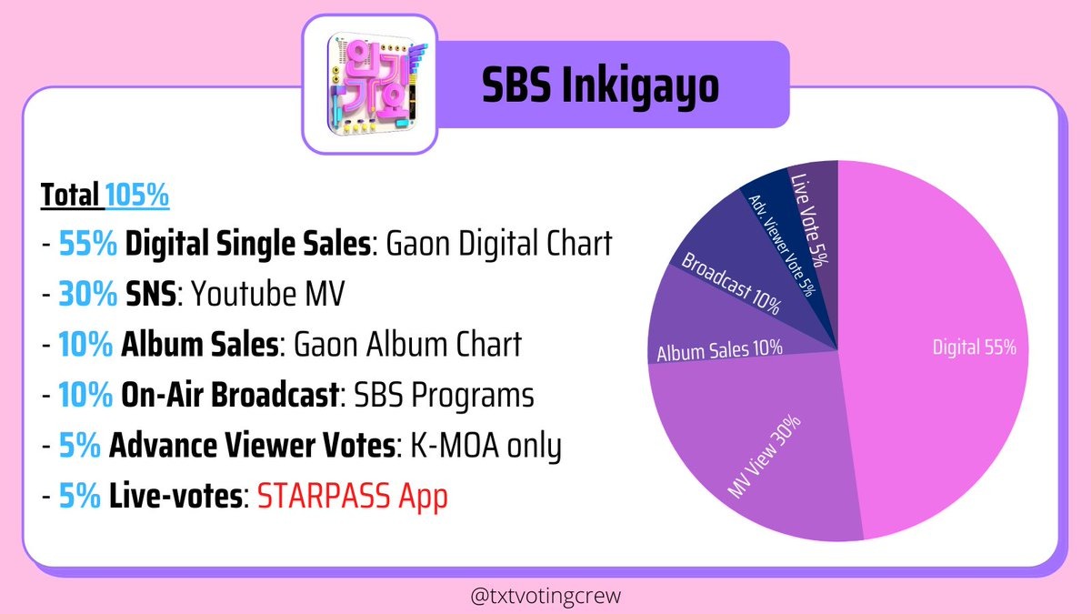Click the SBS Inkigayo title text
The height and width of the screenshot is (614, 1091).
[x=600, y=86]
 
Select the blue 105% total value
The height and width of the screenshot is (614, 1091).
[x=137, y=195]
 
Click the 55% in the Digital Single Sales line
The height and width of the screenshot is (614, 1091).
[x=87, y=243]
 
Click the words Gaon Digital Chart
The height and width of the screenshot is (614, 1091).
[x=499, y=243]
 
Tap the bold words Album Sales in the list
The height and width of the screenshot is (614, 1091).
[x=200, y=344]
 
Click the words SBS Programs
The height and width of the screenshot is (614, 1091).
[x=444, y=395]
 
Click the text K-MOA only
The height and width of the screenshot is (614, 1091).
[x=486, y=446]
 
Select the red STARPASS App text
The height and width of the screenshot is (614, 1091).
[x=352, y=496]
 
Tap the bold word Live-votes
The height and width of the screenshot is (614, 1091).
[x=175, y=496]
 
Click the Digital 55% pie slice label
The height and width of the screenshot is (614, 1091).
[x=975, y=347]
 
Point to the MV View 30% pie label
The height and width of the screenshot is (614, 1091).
[x=765, y=456]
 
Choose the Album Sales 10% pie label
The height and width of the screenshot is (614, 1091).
[x=720, y=350]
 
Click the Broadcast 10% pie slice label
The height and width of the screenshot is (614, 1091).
[x=731, y=283]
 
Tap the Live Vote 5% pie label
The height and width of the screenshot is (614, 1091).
[x=808, y=220]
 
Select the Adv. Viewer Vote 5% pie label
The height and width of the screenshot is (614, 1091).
[x=781, y=246]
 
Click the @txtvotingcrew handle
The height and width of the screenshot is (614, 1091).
[x=545, y=596]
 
